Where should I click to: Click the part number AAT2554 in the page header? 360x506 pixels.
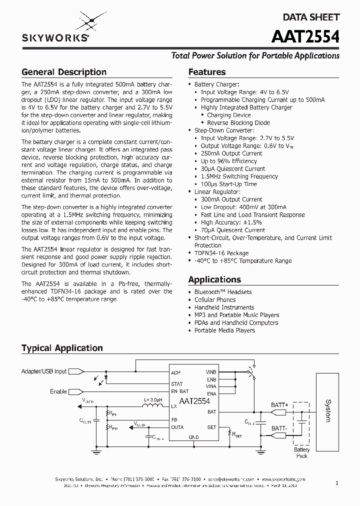pos(305,37)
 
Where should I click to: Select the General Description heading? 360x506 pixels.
pos(63,72)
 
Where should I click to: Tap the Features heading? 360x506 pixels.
pos(206,72)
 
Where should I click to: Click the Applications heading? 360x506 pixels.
pos(214,279)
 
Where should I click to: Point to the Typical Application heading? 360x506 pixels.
pos(62,348)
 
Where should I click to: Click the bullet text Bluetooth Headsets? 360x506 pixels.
pos(222,292)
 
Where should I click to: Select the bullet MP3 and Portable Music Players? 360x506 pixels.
pos(236,315)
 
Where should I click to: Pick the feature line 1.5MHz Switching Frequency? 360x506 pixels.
pos(239,176)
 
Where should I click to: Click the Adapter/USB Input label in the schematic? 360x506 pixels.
pos(43,371)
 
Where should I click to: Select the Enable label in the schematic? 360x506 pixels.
pos(58,391)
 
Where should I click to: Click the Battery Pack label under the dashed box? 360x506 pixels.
pos(301,453)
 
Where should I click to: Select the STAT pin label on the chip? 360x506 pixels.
pos(176,384)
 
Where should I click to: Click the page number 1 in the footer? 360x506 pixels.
pos(337,483)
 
